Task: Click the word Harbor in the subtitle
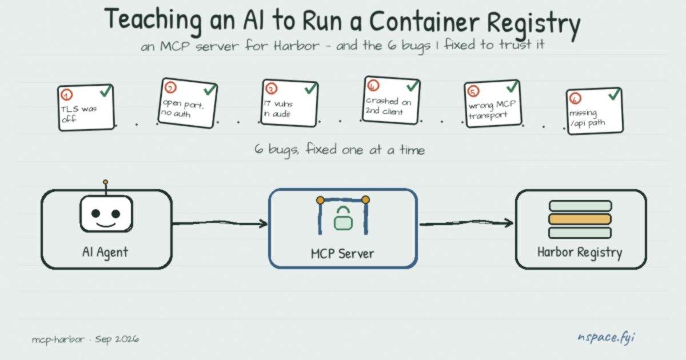[297, 46]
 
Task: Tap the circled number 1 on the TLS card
[66, 95]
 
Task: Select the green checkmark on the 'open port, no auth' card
[210, 89]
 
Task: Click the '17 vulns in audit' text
[278, 109]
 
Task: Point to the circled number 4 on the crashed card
[373, 85]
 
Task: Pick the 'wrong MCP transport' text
[492, 110]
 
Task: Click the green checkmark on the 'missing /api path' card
[615, 94]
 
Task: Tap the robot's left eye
[96, 213]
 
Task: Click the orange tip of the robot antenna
[105, 182]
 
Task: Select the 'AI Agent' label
[105, 252]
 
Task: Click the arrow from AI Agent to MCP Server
[220, 223]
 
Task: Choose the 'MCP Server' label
[342, 254]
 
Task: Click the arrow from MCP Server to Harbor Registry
[466, 223]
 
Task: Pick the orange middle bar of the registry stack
[580, 219]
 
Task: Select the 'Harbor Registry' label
[580, 253]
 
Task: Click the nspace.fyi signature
[607, 338]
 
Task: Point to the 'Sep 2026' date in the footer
[117, 339]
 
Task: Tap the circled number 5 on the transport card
[473, 91]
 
